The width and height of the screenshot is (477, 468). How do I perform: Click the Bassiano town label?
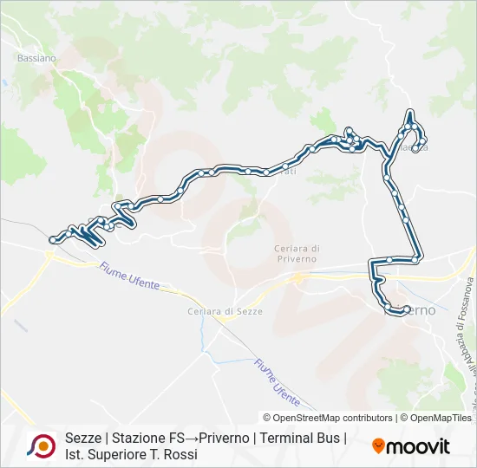coord(36,58)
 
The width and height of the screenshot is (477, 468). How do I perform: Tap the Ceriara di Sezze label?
coord(225,311)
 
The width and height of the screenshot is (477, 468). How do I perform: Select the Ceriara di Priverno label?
coord(291,253)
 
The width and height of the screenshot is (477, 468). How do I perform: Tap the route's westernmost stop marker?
coord(54,239)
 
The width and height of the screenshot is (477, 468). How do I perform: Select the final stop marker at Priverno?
coord(405,309)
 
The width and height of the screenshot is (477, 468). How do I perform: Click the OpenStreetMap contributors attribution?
coord(328,393)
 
